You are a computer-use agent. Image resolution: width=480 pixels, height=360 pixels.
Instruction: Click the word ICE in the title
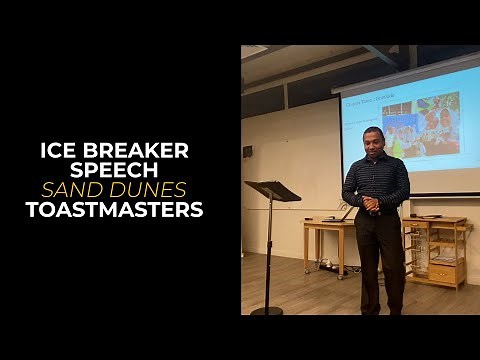tap(58, 150)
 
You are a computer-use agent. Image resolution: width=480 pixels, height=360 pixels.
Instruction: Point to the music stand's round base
tap(267, 311)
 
